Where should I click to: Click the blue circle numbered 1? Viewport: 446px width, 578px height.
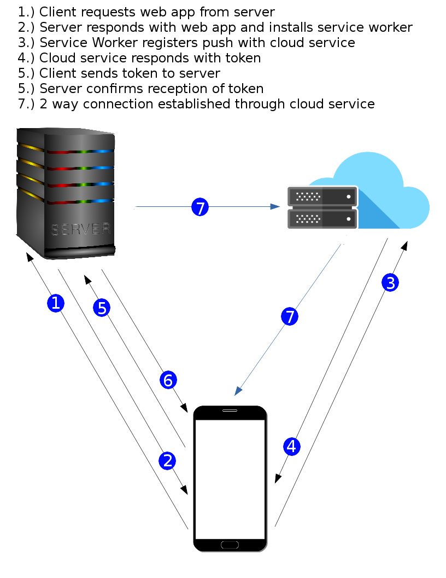[56, 303]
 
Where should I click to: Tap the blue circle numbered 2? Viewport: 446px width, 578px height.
[167, 461]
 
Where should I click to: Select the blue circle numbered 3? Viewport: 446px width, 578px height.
[390, 283]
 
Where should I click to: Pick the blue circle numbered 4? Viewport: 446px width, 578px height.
[291, 447]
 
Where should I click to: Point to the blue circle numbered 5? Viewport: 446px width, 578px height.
[102, 308]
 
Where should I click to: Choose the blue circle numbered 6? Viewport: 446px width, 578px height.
[168, 380]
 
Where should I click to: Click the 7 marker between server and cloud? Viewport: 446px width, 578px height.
[200, 207]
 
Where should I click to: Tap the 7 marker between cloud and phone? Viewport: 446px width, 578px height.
[290, 316]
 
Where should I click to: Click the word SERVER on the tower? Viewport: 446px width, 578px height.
[81, 229]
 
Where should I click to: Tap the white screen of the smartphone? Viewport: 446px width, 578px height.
[230, 479]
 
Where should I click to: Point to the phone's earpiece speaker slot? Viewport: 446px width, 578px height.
[230, 411]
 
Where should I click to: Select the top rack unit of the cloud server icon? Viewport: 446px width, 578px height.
[322, 196]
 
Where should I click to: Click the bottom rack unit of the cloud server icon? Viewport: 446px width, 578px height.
[322, 219]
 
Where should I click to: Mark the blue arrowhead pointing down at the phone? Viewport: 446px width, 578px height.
[238, 390]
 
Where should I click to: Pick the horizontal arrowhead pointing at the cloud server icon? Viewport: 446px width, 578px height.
[275, 206]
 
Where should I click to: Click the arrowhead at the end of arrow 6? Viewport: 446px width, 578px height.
[184, 408]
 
